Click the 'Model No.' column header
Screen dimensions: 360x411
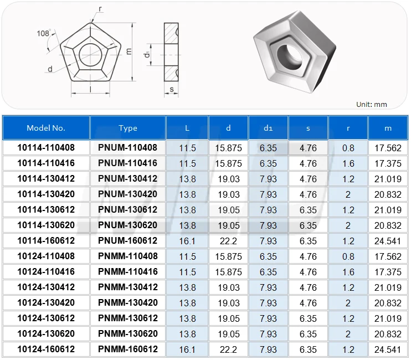(46, 128)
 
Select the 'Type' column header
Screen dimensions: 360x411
(128, 128)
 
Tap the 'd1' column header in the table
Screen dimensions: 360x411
(268, 128)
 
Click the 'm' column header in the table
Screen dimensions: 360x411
(388, 128)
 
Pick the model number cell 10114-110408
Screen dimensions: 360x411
(46, 148)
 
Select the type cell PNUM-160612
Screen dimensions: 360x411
(128, 241)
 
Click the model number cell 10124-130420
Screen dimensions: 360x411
(46, 303)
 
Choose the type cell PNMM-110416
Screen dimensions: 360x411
(128, 272)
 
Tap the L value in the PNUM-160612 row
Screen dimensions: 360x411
(187, 241)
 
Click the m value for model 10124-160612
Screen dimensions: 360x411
(388, 349)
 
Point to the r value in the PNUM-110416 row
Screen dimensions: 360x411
(348, 163)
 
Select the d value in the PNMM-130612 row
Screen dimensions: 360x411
(228, 318)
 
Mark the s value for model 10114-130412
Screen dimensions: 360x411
(308, 179)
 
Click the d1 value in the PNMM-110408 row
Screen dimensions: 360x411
(268, 256)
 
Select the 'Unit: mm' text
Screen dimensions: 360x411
(371, 104)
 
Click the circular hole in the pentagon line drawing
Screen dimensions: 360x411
(90, 54)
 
